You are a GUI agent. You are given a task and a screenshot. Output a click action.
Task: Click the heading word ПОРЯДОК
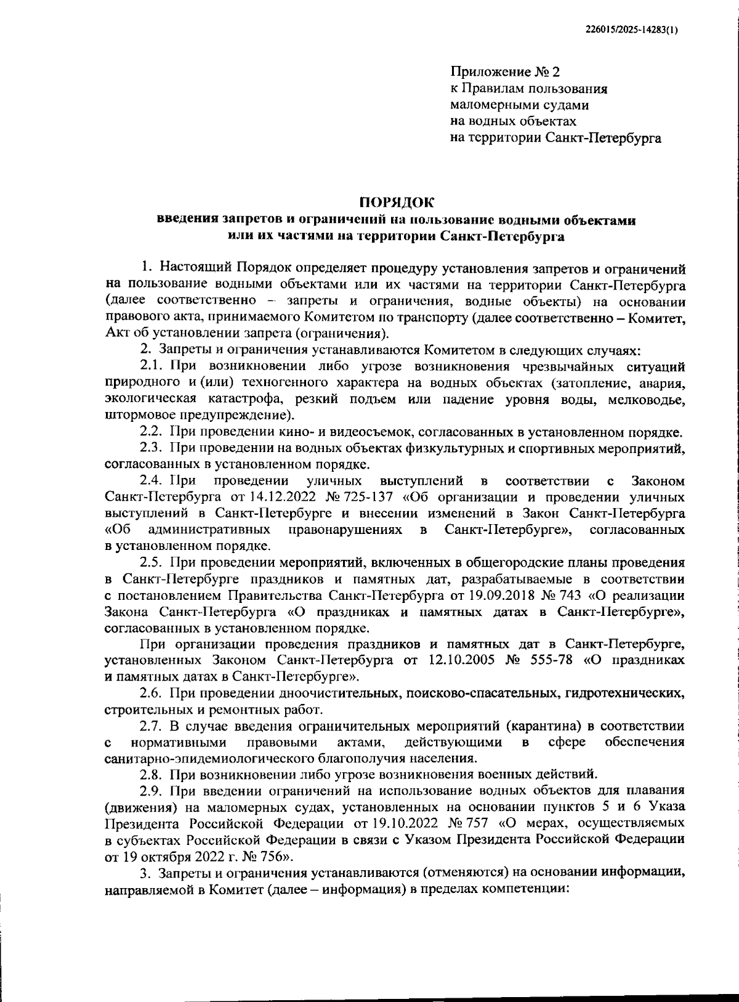point(396,203)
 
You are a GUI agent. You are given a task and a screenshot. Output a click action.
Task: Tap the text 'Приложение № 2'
point(506,72)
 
